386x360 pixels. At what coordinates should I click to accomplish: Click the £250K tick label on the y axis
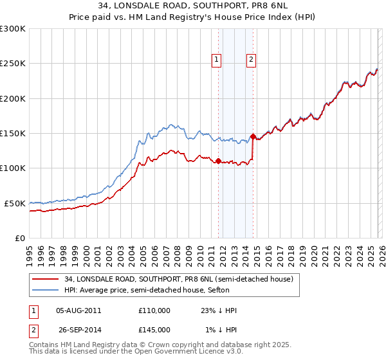coord(13,64)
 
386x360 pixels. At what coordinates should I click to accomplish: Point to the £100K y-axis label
coord(13,168)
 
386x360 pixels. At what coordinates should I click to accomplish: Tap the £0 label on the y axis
coord(19,238)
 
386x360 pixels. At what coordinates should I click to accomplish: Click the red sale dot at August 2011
coord(218,161)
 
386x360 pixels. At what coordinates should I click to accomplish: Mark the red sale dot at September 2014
coord(253,136)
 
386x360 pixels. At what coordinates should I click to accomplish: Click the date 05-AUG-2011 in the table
coord(78,310)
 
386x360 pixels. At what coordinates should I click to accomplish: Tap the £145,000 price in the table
coord(154,330)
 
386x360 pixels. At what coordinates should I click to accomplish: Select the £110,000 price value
coord(154,310)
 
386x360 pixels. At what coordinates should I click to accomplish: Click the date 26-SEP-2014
coord(78,330)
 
